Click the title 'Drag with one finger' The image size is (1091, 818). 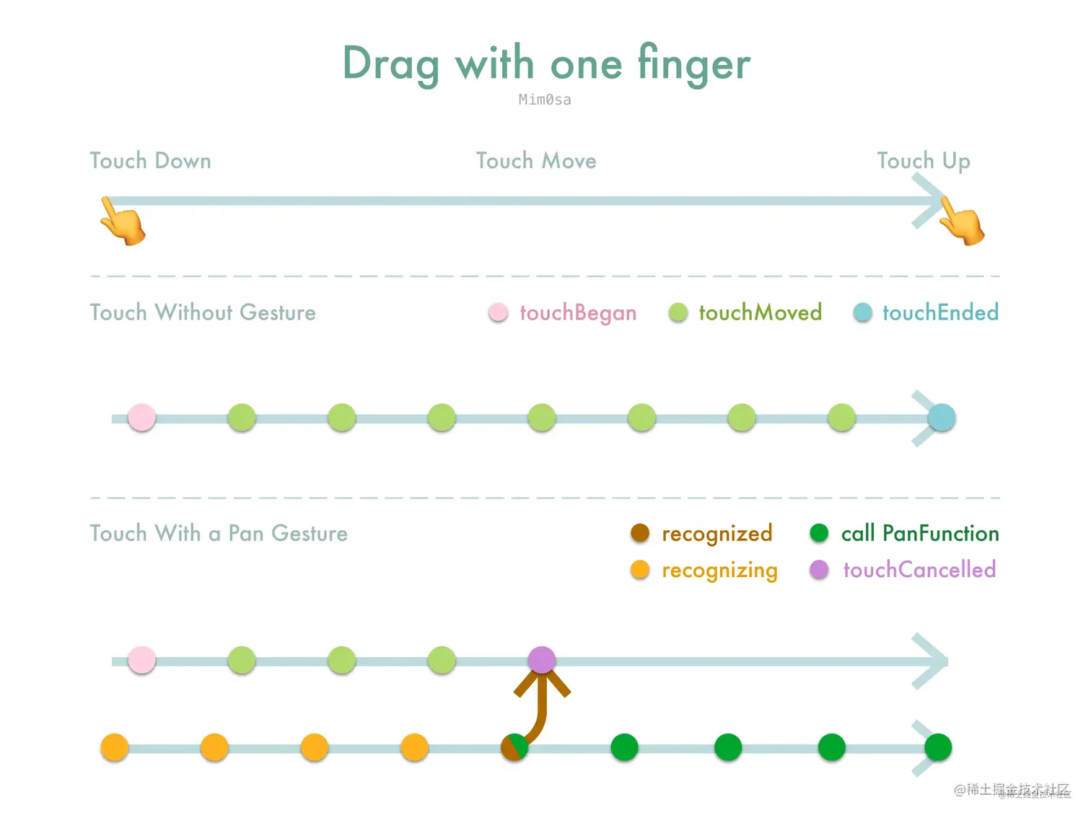tap(545, 63)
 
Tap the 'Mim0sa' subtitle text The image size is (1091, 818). tap(545, 100)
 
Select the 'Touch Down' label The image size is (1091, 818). tap(150, 161)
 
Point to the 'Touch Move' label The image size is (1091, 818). tap(536, 161)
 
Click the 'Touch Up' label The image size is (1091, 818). tap(924, 161)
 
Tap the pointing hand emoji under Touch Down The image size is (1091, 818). tap(123, 222)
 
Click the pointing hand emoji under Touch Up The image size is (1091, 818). tap(962, 222)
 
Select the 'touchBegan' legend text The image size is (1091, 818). tap(578, 313)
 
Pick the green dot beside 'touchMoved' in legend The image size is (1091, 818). tap(678, 312)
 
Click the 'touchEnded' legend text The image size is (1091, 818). tap(940, 313)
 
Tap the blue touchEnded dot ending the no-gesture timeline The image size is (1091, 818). tap(941, 418)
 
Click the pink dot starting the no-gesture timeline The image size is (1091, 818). tap(141, 418)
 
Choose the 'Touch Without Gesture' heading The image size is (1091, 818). tap(203, 313)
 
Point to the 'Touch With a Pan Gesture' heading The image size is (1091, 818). tap(219, 534)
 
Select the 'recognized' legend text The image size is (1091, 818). tap(717, 534)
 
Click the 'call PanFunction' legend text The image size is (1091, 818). tap(920, 534)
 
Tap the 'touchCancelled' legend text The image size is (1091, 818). tap(919, 570)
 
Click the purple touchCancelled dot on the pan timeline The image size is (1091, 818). tap(542, 660)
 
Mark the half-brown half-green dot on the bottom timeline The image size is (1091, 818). tap(514, 747)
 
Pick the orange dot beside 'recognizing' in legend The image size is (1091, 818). tap(640, 569)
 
